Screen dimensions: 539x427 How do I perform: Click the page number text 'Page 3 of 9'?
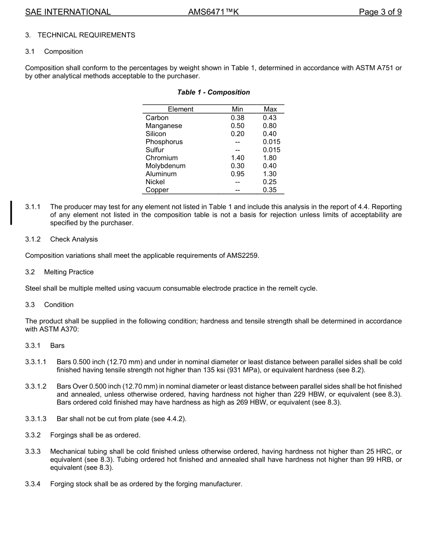pyautogui.click(x=380, y=12)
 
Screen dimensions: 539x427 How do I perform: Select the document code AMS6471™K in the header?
pyautogui.click(x=213, y=12)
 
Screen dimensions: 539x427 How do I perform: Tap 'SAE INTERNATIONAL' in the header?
pyautogui.click(x=68, y=12)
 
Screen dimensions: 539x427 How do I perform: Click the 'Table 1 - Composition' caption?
pyautogui.click(x=213, y=92)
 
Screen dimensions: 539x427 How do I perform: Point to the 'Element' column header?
pyautogui.click(x=180, y=109)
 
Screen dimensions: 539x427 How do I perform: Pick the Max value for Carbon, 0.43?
pyautogui.click(x=270, y=118)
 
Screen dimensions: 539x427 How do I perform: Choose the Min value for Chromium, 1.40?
pyautogui.click(x=237, y=158)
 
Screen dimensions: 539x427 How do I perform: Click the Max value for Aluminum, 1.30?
pyautogui.click(x=270, y=174)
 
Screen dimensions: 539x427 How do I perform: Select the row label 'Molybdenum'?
pyautogui.click(x=165, y=166)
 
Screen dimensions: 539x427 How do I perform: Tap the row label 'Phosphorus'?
pyautogui.click(x=164, y=142)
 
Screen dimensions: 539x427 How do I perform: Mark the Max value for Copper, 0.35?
pyautogui.click(x=270, y=190)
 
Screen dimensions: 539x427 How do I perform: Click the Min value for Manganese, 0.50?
pyautogui.click(x=237, y=126)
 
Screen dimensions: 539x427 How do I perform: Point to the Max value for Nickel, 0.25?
pyautogui.click(x=270, y=182)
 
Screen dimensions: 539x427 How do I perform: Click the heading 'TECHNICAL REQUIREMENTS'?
pyautogui.click(x=86, y=35)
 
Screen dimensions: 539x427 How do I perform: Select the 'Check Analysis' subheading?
pyautogui.click(x=74, y=239)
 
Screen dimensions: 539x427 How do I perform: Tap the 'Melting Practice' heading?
pyautogui.click(x=69, y=272)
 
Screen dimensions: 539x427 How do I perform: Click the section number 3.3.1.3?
pyautogui.click(x=36, y=419)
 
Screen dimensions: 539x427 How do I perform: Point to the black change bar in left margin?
pyautogui.click(x=11, y=212)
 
